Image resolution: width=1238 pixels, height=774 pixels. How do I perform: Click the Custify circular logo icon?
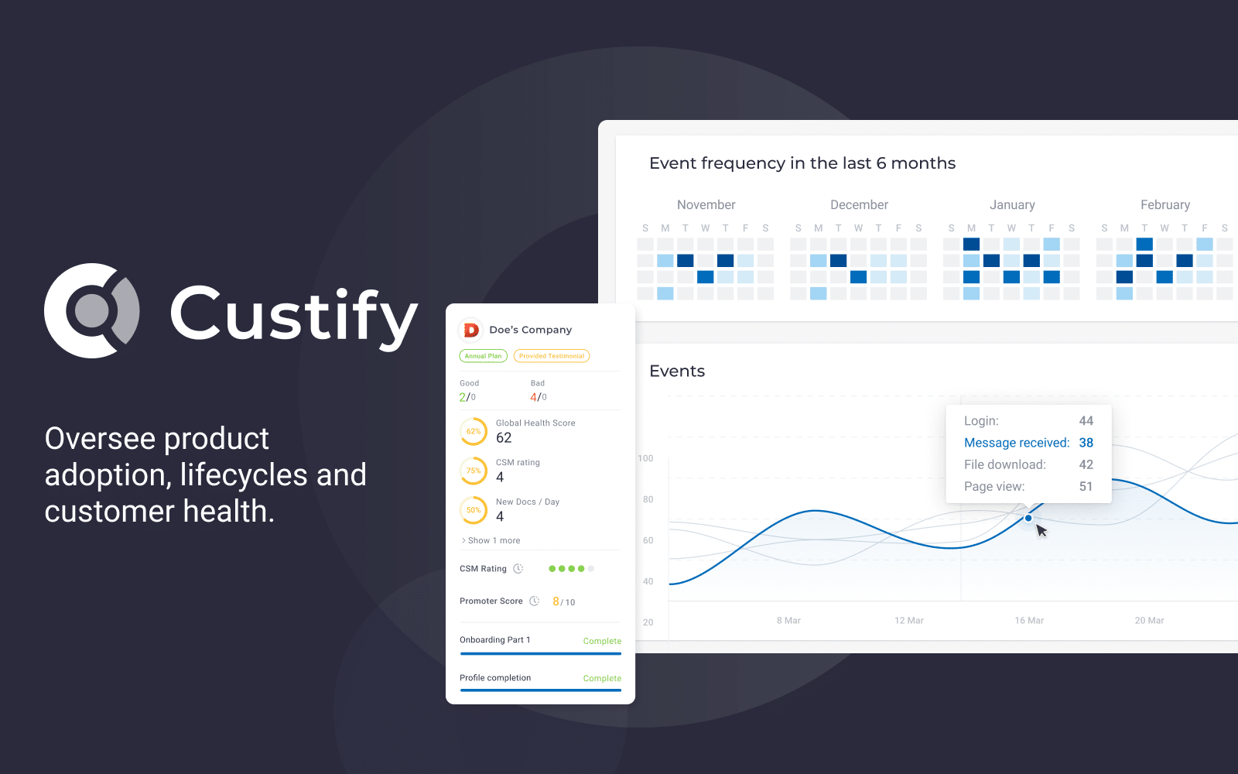(x=92, y=310)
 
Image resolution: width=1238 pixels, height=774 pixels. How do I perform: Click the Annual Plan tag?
(x=483, y=356)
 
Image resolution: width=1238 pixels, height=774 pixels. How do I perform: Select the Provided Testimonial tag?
(x=552, y=356)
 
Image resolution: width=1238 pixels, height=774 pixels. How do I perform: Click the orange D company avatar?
(x=471, y=330)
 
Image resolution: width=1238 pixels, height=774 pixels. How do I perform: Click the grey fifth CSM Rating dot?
(x=591, y=568)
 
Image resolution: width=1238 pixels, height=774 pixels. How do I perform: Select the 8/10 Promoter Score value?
(x=564, y=601)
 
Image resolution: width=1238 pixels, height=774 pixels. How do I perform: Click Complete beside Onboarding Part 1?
(x=602, y=641)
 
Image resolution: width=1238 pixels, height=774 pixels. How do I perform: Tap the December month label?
(x=859, y=204)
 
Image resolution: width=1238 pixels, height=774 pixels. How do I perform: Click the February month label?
(x=1165, y=204)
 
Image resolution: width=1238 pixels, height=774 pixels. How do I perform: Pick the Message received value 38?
(x=1086, y=442)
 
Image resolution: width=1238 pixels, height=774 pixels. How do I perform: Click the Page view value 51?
(x=1086, y=487)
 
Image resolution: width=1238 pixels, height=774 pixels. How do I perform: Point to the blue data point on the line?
(x=1028, y=518)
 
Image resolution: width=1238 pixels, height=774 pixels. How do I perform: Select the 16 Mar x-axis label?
(x=1029, y=620)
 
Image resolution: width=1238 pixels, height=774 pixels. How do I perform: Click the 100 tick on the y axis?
(x=645, y=458)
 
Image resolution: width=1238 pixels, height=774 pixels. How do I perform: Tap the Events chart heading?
(x=677, y=371)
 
